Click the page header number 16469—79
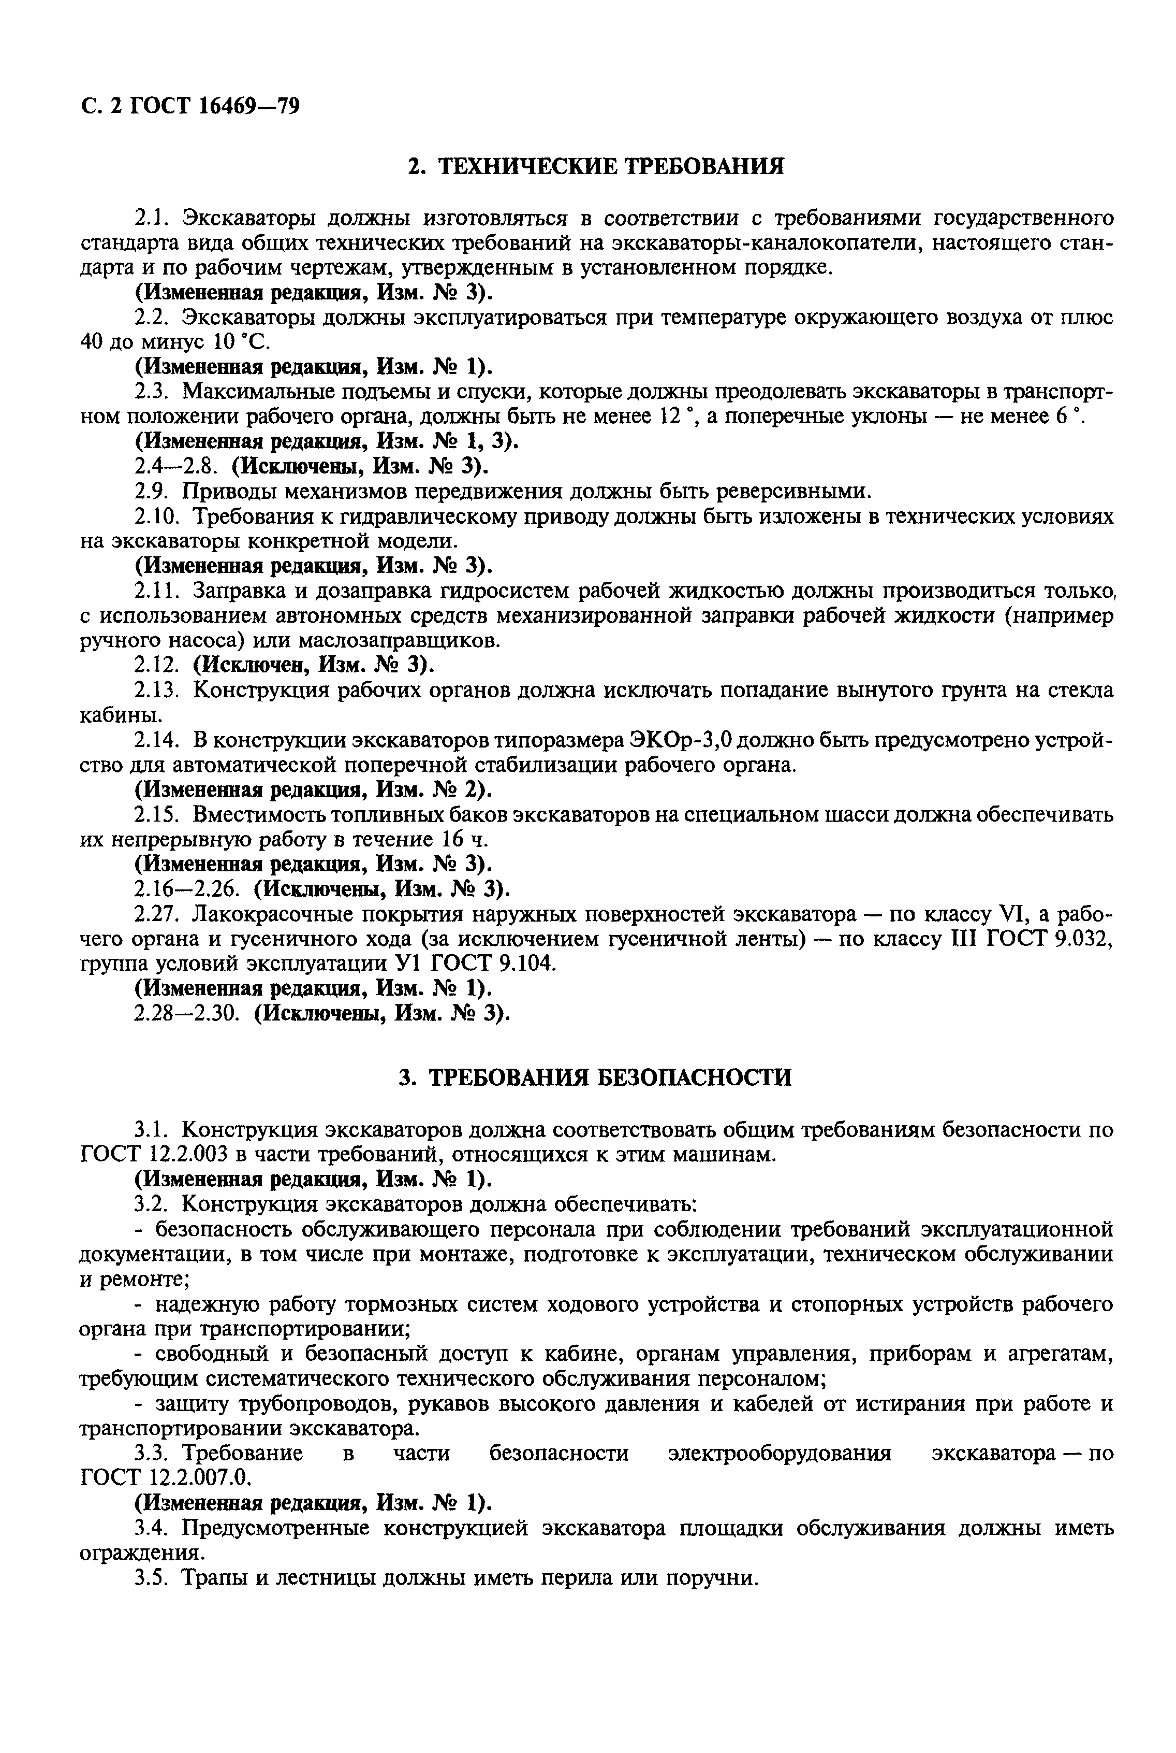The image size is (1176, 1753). click(250, 107)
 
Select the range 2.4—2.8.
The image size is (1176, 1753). click(177, 466)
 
